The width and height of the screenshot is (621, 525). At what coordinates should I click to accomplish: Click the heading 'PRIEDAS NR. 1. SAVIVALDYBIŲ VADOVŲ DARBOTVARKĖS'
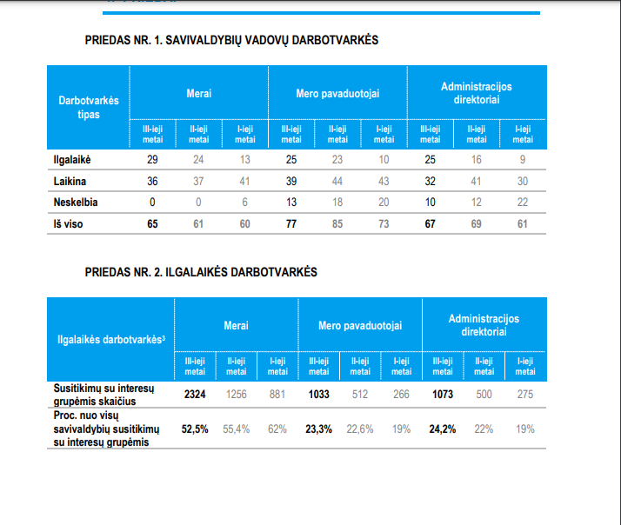click(231, 41)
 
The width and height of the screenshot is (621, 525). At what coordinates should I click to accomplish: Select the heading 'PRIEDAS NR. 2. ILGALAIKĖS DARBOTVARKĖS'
click(201, 272)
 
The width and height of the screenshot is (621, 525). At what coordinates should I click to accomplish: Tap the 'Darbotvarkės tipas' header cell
click(89, 108)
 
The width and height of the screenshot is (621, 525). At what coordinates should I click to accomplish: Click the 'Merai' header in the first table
click(198, 93)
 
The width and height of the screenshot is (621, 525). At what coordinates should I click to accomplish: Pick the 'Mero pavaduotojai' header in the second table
click(360, 326)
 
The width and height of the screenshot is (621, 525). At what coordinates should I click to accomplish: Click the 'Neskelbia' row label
click(76, 203)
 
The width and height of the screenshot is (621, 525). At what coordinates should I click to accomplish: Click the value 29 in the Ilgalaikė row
click(152, 160)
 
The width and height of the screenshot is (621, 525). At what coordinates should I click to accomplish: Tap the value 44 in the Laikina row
click(337, 181)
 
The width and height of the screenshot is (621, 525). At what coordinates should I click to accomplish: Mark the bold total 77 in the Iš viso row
click(290, 223)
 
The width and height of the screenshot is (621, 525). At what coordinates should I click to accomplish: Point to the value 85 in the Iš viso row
click(337, 223)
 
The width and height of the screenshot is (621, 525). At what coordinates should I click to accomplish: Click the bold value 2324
click(196, 395)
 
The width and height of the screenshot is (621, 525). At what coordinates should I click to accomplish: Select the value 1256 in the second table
click(237, 395)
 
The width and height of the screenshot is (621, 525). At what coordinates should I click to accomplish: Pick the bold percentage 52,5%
click(195, 429)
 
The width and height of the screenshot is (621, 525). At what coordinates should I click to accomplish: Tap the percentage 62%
click(277, 429)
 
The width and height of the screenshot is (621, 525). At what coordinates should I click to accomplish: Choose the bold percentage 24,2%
click(443, 429)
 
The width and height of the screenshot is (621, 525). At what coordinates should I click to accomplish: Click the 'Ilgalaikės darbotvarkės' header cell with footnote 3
click(110, 339)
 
